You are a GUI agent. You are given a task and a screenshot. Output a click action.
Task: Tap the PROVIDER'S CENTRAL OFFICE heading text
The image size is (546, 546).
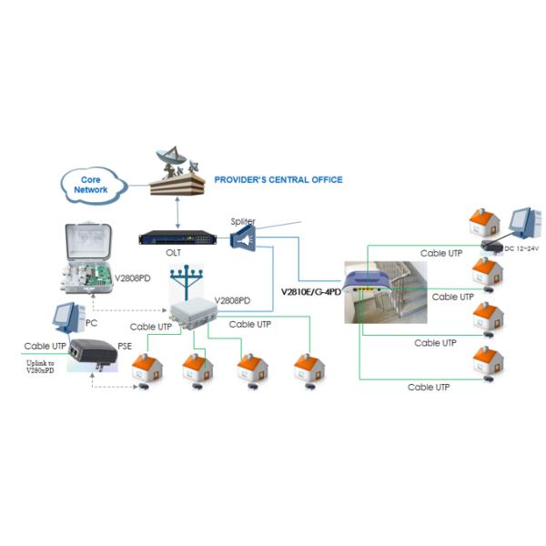(278, 180)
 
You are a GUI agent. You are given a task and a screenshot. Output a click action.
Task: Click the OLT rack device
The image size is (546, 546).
(179, 238)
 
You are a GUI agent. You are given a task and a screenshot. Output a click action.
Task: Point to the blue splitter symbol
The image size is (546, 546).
(245, 238)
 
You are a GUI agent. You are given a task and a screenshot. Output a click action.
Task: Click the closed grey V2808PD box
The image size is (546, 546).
(191, 315)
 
